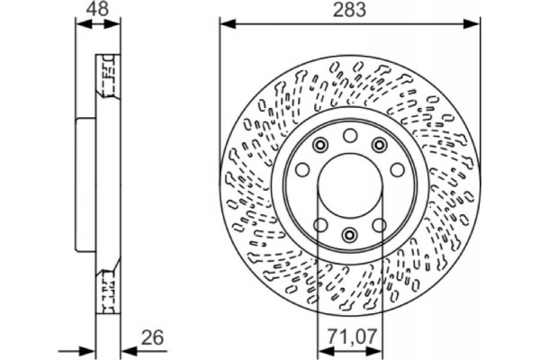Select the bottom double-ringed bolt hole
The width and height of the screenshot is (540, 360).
[349, 235]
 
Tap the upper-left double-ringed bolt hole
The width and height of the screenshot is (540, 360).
[319, 148]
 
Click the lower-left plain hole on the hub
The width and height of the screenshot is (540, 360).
[319, 225]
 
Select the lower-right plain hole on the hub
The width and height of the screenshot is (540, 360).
[379, 225]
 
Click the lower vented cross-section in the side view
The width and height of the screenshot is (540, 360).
[105, 286]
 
